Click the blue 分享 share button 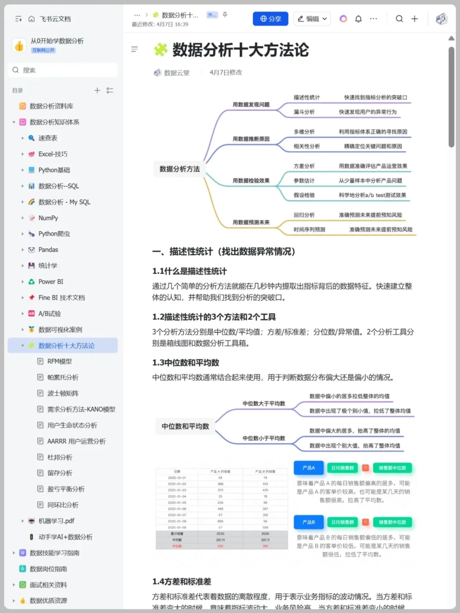(270, 19)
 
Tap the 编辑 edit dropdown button (312, 19)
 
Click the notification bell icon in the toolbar (359, 19)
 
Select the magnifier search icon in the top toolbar (399, 19)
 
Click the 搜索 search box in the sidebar (63, 70)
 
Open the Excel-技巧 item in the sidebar (53, 154)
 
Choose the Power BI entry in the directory (51, 282)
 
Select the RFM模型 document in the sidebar (59, 361)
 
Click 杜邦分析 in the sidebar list (60, 457)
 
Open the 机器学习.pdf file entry (56, 521)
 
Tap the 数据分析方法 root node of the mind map (179, 169)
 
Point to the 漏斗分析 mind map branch (304, 112)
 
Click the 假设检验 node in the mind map (304, 195)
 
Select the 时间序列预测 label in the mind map (309, 229)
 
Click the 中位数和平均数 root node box (185, 426)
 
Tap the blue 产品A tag (308, 468)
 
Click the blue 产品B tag (308, 522)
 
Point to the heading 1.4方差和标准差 (182, 581)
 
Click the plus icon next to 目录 (97, 90)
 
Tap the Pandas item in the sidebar (48, 250)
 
